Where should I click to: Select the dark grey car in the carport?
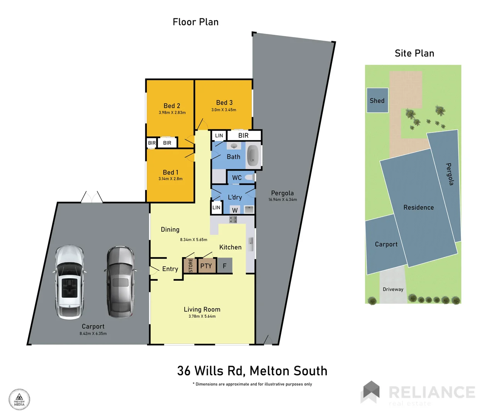(x=120, y=282)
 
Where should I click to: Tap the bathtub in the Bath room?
(x=253, y=155)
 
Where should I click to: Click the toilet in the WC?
(x=249, y=178)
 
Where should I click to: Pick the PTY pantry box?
(x=206, y=266)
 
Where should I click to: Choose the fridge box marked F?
(x=225, y=266)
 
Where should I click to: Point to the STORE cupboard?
(x=190, y=266)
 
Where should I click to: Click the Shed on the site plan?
(x=377, y=100)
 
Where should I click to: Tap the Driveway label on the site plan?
(x=393, y=289)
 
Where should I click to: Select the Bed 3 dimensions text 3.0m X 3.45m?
(x=224, y=110)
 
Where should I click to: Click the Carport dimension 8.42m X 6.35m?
(x=93, y=334)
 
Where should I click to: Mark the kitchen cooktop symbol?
(x=233, y=220)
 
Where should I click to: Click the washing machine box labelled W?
(x=235, y=210)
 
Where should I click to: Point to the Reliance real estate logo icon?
(x=370, y=392)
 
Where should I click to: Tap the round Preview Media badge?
(x=19, y=399)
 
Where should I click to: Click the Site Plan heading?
(x=414, y=53)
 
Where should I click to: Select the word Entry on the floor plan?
(x=170, y=269)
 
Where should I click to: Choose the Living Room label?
(x=202, y=309)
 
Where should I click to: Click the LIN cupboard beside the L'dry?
(x=216, y=207)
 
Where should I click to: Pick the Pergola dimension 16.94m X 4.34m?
(x=283, y=200)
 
